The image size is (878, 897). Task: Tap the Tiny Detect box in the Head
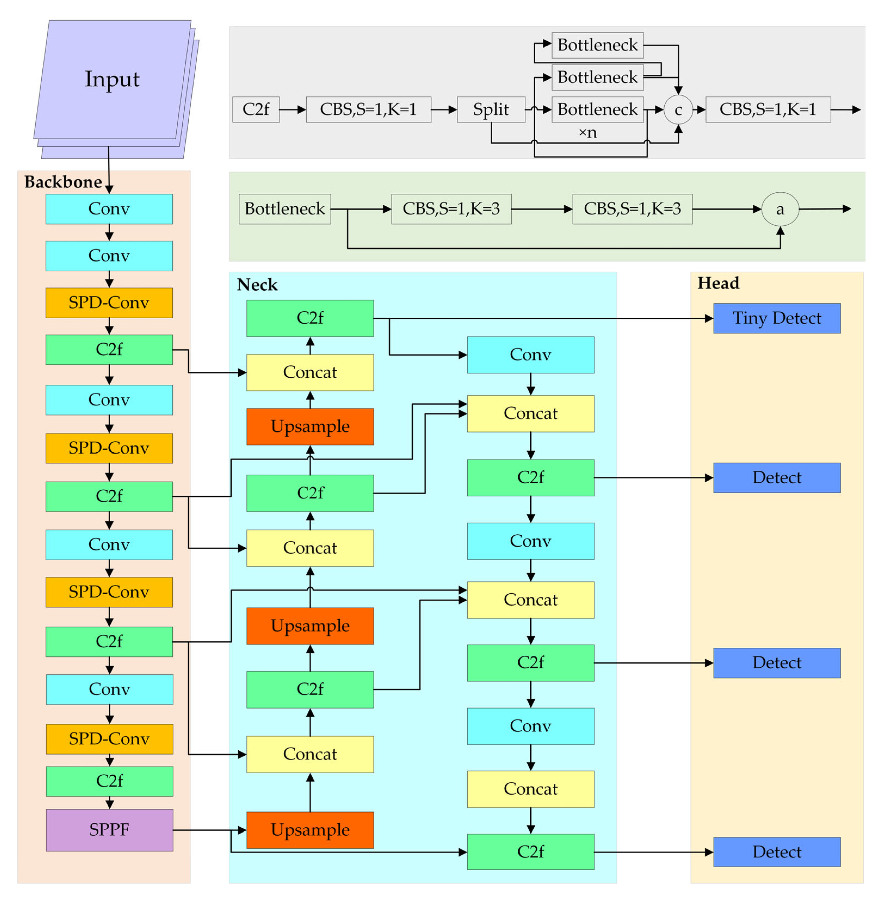pos(777,318)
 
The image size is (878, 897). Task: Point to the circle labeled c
pos(678,110)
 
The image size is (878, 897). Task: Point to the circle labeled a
pos(780,209)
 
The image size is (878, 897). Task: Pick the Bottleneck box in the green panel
pos(285,209)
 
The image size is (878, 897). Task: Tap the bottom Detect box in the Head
pos(777,852)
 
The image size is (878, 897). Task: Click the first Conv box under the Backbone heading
pos(109,209)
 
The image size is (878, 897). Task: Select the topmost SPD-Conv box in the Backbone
pos(109,303)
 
